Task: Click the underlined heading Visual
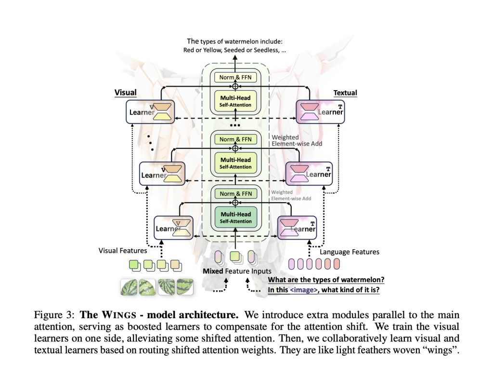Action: [125, 93]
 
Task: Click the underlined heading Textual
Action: [345, 93]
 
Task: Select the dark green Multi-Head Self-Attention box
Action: [235, 217]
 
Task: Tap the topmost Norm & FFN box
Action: [235, 77]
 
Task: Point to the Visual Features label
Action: [123, 251]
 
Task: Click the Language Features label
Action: [350, 252]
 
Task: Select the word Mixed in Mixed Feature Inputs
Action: [212, 271]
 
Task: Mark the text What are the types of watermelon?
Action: [326, 280]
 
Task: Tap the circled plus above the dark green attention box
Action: [235, 203]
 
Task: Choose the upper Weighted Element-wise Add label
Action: [297, 140]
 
